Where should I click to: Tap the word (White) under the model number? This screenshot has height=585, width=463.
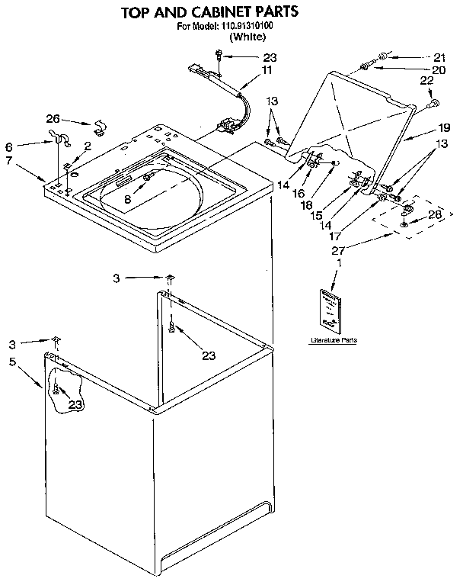click(x=251, y=37)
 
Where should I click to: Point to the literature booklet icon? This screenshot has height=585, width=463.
click(x=334, y=310)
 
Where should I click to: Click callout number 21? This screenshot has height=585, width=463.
click(x=439, y=56)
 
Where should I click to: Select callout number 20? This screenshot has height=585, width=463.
click(x=439, y=70)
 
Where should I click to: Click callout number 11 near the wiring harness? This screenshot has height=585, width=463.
click(x=267, y=70)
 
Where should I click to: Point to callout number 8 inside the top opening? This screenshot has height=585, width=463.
click(x=128, y=198)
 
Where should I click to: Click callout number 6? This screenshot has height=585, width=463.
click(x=9, y=146)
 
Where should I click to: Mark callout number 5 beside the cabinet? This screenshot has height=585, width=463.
click(x=13, y=362)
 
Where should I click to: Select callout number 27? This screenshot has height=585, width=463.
click(x=339, y=249)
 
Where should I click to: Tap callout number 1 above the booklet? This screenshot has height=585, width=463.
click(x=338, y=264)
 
